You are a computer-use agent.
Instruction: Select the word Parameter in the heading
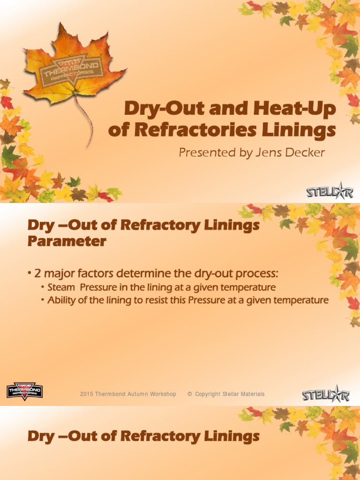click(x=67, y=242)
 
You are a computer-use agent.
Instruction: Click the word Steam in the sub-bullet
click(x=61, y=287)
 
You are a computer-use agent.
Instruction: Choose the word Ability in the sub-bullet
click(x=61, y=300)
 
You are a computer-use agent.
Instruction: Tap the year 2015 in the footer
click(x=87, y=394)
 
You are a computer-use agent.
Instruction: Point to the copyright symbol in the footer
click(x=190, y=394)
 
